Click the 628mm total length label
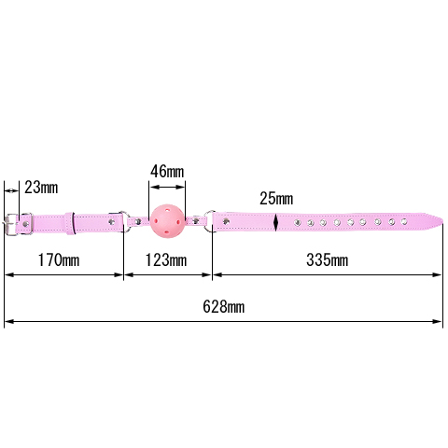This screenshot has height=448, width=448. (223, 307)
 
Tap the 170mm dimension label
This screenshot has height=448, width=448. (59, 260)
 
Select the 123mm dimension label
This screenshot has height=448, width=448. (166, 260)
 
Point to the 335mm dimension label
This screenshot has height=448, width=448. (327, 260)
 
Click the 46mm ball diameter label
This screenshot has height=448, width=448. (167, 172)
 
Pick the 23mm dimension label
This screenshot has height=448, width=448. (41, 188)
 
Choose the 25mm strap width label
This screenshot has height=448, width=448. (276, 199)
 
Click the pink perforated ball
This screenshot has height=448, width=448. (167, 221)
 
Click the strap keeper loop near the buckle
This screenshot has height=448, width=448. (70, 223)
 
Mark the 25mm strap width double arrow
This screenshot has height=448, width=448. (276, 222)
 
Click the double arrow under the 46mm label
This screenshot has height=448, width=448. (167, 187)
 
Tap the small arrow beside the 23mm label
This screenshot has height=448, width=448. (11, 190)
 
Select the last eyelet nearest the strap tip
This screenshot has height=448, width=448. (404, 221)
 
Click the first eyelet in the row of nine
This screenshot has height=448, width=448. (298, 222)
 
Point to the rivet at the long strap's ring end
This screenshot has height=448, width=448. (227, 221)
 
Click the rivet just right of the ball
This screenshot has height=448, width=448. (196, 221)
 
